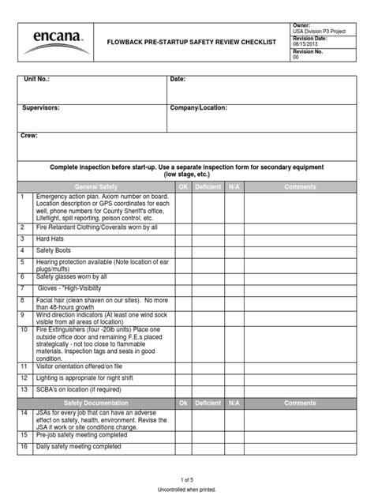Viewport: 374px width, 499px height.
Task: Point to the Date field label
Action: coord(178,80)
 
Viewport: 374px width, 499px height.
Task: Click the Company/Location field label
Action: coord(199,107)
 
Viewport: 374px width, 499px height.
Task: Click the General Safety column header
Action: coord(95,186)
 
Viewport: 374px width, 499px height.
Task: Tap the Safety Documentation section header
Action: coord(95,403)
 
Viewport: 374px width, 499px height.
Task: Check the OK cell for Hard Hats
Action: coord(183,238)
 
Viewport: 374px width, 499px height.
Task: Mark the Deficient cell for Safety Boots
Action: coord(208,250)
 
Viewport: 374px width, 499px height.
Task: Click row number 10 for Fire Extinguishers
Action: coord(24,329)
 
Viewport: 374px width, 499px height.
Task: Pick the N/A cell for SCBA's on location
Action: coord(234,390)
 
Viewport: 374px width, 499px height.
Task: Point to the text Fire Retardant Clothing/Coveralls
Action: coord(97,227)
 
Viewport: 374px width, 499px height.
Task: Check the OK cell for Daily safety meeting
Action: coord(183,447)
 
